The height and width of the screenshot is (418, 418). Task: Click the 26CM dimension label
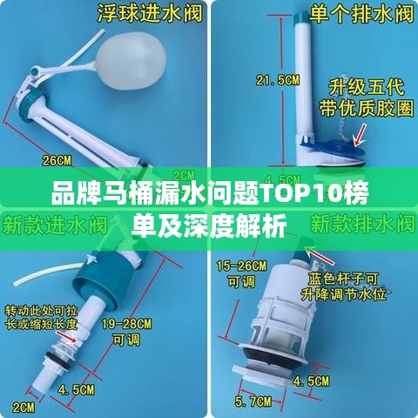coord(57,160)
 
